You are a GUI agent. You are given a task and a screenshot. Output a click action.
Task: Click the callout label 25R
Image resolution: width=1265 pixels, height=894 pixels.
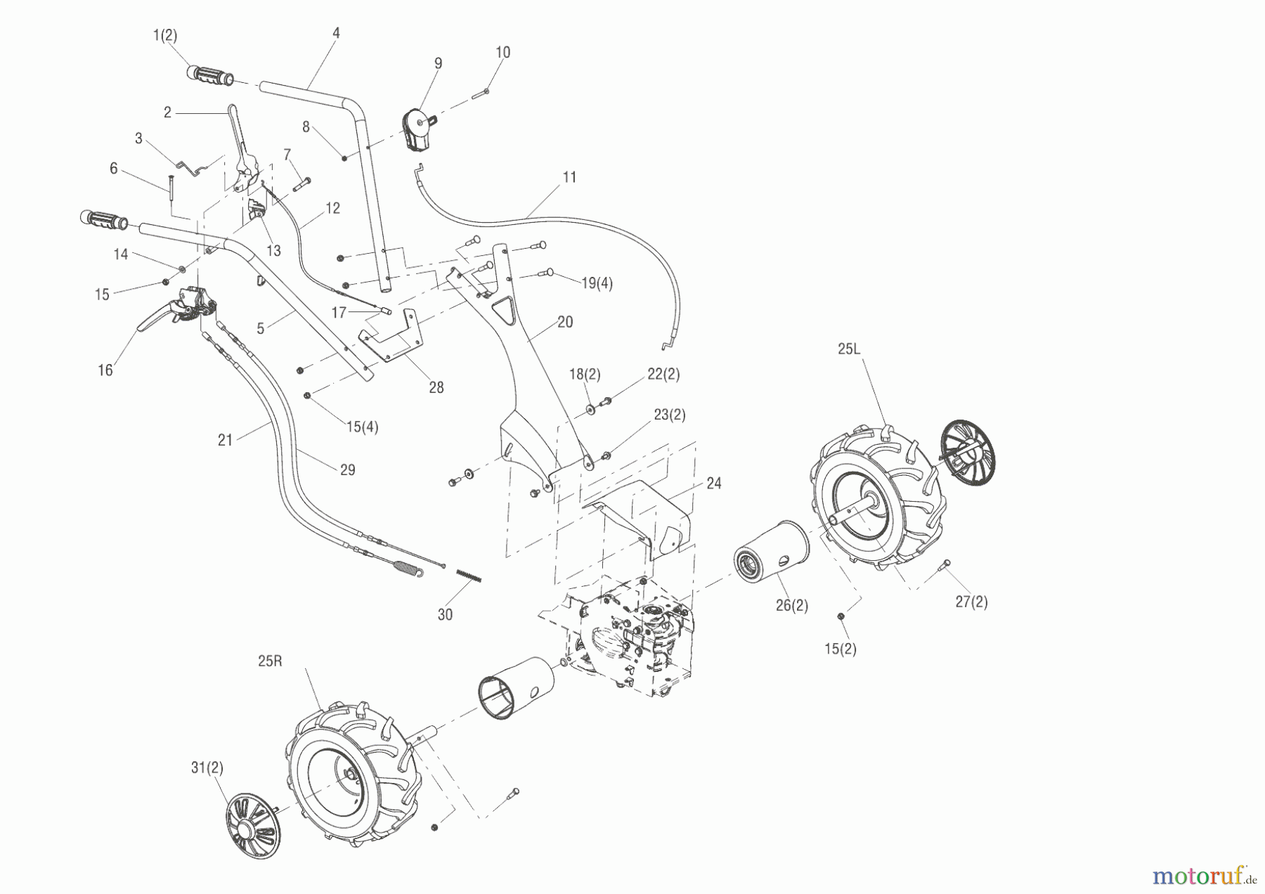[x=270, y=661]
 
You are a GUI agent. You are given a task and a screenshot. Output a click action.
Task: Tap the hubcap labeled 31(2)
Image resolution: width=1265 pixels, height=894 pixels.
[x=252, y=827]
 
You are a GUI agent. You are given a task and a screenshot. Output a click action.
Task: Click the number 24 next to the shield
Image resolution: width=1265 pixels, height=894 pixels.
[x=713, y=484]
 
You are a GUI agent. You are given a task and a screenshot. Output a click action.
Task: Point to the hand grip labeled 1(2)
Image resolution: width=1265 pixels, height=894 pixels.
[x=209, y=75]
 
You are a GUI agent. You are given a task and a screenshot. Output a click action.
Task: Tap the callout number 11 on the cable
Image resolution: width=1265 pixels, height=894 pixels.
[x=569, y=177]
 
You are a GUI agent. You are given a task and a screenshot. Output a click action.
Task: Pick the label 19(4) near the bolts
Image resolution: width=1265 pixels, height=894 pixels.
[x=597, y=283]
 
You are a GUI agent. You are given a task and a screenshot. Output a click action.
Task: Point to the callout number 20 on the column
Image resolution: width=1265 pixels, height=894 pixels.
[x=564, y=322]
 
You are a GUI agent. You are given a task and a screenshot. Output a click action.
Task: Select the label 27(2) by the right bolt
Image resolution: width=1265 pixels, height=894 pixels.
[x=971, y=602]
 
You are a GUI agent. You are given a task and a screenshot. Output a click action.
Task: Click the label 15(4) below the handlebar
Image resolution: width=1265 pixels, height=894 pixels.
[x=361, y=427]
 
